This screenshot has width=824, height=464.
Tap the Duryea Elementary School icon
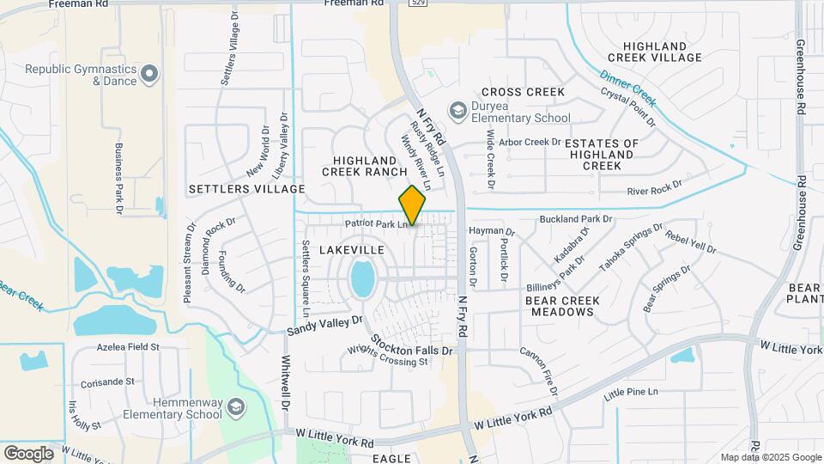click(457, 111)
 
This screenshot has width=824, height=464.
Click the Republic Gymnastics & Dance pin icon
click(150, 74)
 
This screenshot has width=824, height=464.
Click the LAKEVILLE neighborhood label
click(351, 249)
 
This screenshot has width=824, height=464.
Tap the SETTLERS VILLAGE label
click(247, 188)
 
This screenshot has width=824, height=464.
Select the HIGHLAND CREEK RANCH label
click(364, 166)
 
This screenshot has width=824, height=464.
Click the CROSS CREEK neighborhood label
click(523, 92)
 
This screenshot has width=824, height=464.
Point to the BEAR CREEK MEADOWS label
click(562, 306)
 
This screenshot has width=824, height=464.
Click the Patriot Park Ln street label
click(375, 224)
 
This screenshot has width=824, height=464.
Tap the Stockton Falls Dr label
click(411, 351)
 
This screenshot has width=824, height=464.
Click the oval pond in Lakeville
click(362, 279)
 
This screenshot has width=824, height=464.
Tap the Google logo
click(28, 453)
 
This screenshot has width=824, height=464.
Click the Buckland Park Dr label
click(576, 220)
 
